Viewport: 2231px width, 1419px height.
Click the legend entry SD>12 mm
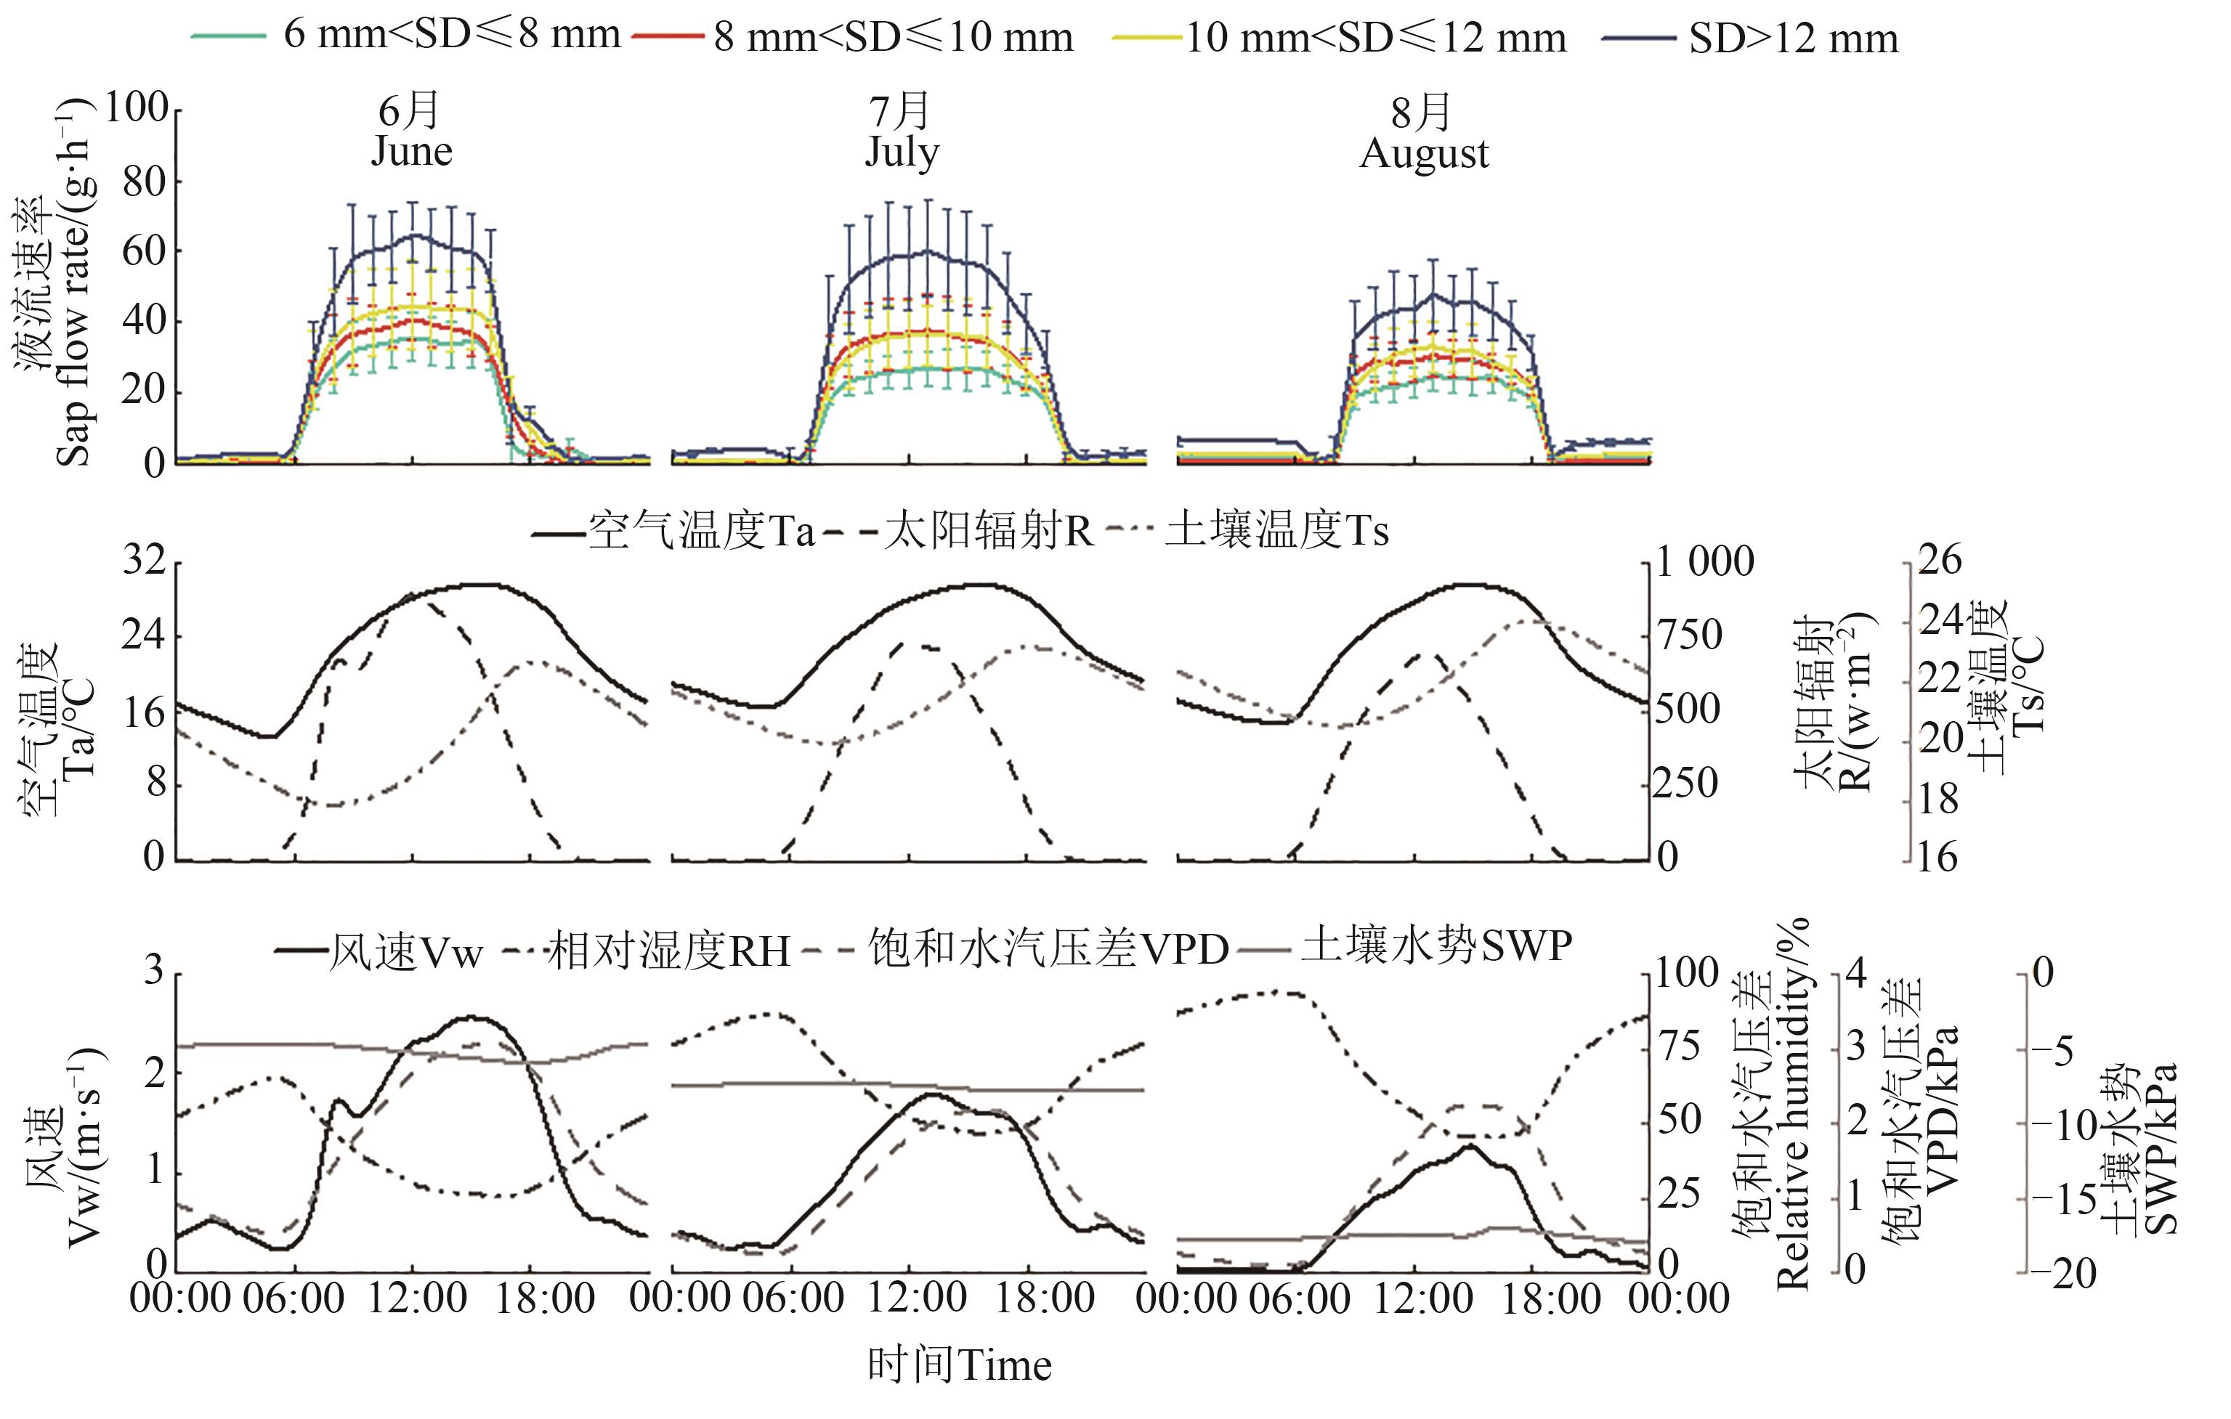pos(1794,39)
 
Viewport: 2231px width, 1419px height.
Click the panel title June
pos(411,151)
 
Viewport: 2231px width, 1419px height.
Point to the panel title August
pos(1424,153)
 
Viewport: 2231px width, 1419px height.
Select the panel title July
pos(902,151)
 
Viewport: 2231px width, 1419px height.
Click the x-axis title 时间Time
pos(960,1366)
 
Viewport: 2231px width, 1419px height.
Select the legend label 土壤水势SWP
pos(1436,946)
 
